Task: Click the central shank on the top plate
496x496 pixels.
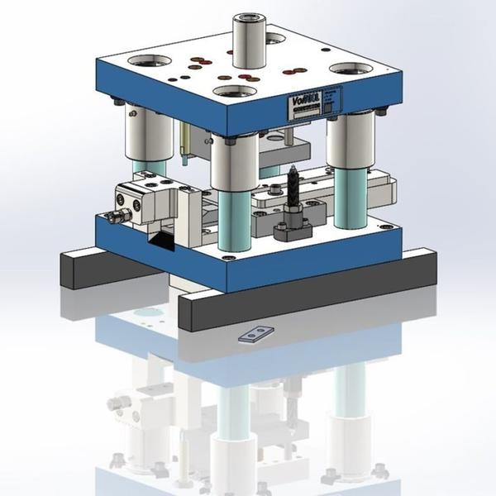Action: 247,41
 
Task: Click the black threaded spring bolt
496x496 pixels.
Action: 293,190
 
